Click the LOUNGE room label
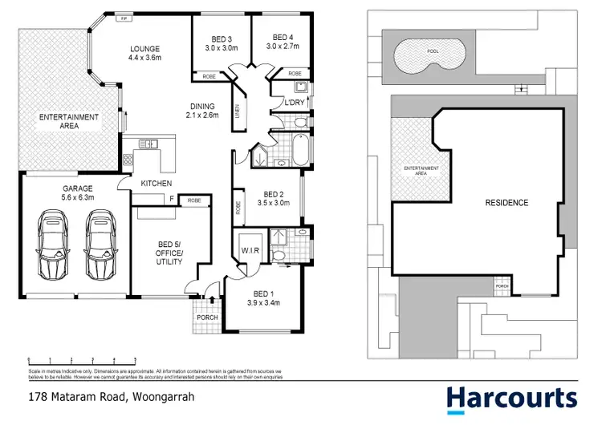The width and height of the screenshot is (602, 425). click(x=146, y=48)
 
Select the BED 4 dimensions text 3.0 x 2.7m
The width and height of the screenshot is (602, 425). click(x=283, y=47)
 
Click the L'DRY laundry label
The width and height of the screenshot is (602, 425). click(x=287, y=103)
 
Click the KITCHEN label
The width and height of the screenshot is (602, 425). click(x=157, y=184)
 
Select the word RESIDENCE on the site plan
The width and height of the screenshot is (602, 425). click(x=506, y=203)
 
